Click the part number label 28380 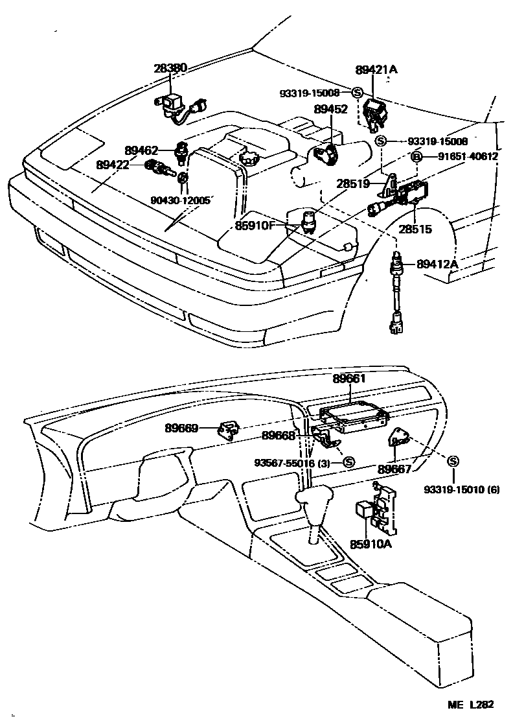[x=170, y=67]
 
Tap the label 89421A [x=376, y=69]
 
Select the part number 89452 [x=331, y=110]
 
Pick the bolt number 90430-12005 [x=181, y=200]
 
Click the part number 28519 [x=352, y=183]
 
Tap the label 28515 [x=415, y=229]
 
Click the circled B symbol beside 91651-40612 [x=418, y=156]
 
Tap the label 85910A [x=372, y=545]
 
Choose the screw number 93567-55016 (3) [x=293, y=462]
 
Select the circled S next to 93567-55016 [x=348, y=462]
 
